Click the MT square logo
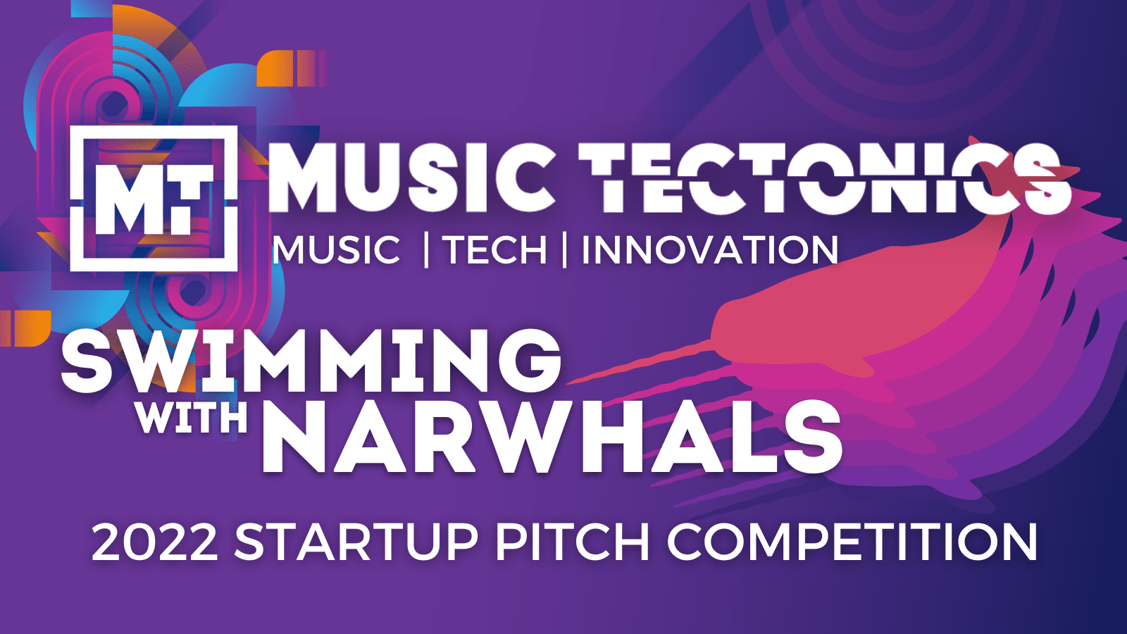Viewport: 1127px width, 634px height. (154, 198)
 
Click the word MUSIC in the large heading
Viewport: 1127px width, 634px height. (411, 177)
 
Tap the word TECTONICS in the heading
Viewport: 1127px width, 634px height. (824, 177)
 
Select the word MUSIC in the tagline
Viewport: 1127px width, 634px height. (336, 250)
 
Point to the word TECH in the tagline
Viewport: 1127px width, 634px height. (494, 250)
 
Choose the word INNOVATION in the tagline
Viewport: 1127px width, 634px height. (709, 250)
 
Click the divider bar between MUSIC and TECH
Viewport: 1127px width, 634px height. (426, 250)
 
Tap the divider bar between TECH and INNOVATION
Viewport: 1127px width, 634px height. (564, 250)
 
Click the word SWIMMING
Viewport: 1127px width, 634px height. (311, 361)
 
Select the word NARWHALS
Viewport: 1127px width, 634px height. (552, 438)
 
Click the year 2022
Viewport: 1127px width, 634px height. (154, 542)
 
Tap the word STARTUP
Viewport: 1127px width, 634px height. (356, 542)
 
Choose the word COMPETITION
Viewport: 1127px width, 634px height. (852, 542)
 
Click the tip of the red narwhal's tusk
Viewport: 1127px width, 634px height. (571, 383)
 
